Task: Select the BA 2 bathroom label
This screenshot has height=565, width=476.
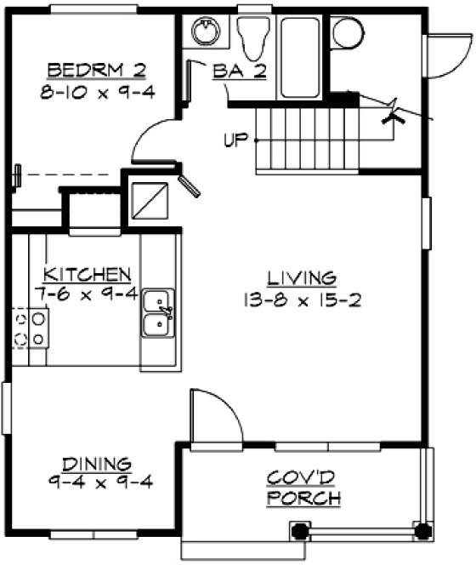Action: [240, 72]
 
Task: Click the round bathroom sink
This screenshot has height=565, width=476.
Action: [204, 32]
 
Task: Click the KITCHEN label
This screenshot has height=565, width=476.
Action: [87, 274]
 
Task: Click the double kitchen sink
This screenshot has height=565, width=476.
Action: [158, 312]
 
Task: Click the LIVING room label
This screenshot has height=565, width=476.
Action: [302, 277]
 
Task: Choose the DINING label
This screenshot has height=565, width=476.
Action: [100, 464]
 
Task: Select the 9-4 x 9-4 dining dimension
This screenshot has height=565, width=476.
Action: [100, 482]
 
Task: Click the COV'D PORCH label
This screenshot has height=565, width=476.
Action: [303, 488]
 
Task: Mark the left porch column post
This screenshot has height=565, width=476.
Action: [300, 530]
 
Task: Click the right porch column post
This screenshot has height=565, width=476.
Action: [421, 530]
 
